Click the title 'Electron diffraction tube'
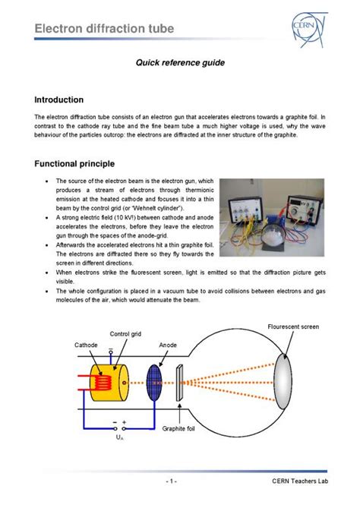pos(104,29)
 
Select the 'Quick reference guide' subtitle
pos(180,64)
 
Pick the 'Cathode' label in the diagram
pos(86,345)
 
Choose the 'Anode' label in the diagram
pos(168,345)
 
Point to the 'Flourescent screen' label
pos(293,327)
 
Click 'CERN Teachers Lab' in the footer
pos(300,481)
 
